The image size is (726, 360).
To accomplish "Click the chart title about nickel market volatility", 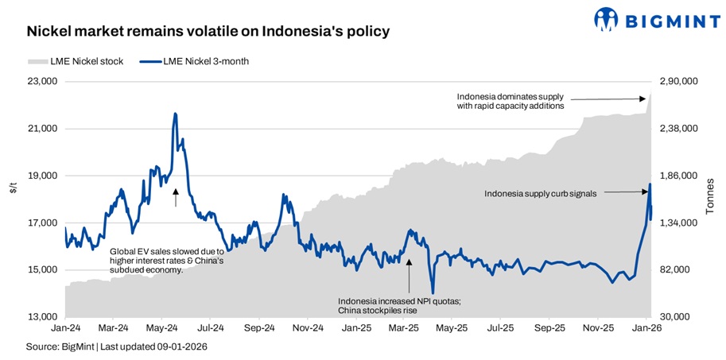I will tap(208, 32).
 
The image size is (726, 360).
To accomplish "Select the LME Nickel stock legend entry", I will tap(76, 61).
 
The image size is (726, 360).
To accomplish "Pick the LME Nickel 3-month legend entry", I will tap(195, 61).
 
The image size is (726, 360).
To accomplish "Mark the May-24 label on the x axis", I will tap(161, 327).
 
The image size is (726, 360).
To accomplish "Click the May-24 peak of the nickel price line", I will tap(175, 114).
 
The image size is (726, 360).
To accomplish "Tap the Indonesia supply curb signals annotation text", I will tap(541, 192).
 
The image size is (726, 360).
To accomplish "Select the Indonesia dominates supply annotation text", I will tap(511, 100).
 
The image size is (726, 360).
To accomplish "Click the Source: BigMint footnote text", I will tap(117, 347).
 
